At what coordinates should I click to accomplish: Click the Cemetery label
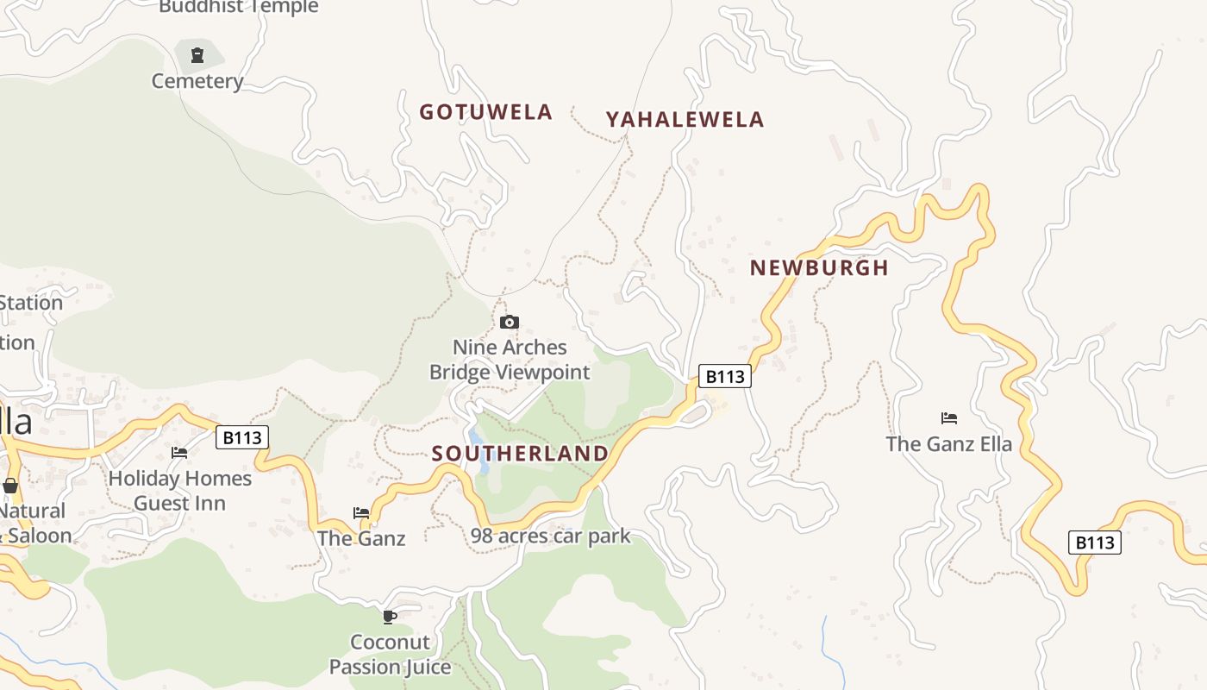click(197, 81)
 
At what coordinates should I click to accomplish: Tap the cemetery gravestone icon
click(197, 55)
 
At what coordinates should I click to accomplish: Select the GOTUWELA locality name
click(485, 112)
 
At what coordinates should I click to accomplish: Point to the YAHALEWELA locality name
click(685, 120)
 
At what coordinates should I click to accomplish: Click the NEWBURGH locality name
click(818, 267)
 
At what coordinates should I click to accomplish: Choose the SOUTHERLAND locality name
click(520, 454)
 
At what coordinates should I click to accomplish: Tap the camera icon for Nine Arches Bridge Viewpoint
click(510, 323)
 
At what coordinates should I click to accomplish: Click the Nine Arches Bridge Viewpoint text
click(510, 360)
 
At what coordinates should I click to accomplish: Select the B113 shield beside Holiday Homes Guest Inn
click(241, 437)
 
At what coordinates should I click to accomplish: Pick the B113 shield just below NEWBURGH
click(724, 376)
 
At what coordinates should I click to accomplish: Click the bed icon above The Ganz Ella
click(948, 418)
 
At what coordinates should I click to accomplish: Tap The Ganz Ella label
click(948, 445)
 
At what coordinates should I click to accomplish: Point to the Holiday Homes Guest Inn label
click(179, 491)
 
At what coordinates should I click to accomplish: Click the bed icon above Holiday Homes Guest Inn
click(179, 452)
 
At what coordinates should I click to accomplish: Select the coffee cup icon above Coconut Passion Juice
click(390, 617)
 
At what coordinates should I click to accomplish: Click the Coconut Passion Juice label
click(390, 655)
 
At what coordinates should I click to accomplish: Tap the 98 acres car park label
click(550, 536)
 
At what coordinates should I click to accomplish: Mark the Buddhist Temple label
click(239, 8)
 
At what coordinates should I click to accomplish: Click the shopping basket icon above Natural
click(10, 486)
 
